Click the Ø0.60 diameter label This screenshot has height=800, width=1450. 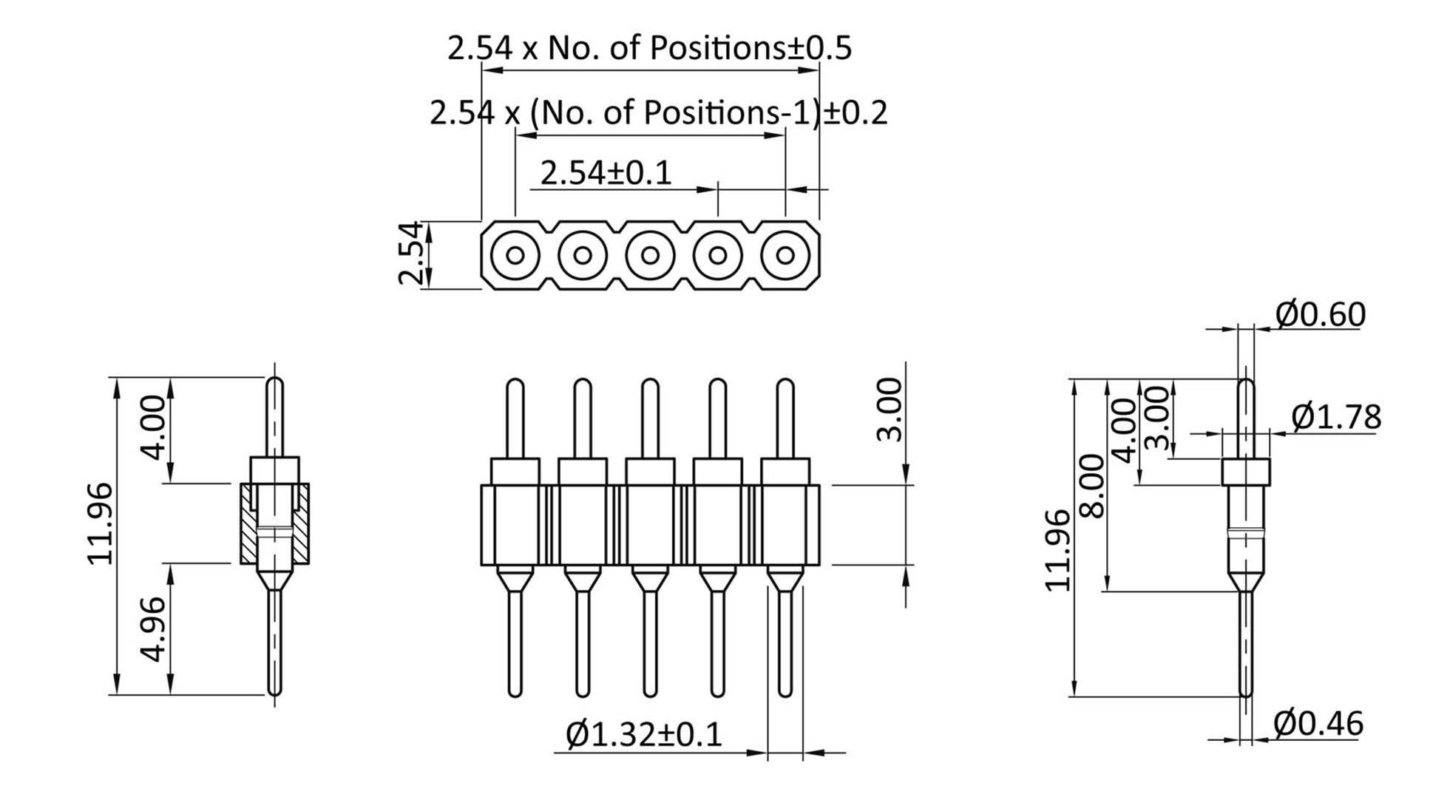pos(1320,315)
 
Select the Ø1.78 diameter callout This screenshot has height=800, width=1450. pos(1335,418)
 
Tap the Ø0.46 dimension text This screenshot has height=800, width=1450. pos(1318,724)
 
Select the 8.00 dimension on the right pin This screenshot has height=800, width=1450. pos(1093,486)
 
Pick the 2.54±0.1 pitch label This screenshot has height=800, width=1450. pos(606,174)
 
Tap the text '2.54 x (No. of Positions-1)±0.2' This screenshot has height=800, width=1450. pos(658,113)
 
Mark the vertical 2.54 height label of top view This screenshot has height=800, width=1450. pos(410,253)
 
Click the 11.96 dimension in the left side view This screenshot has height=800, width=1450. pos(101,523)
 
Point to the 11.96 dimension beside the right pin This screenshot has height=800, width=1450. pos(1058,550)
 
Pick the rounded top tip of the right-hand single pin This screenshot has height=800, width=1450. pos(1246,384)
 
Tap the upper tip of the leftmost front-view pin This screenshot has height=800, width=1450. pos(515,384)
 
